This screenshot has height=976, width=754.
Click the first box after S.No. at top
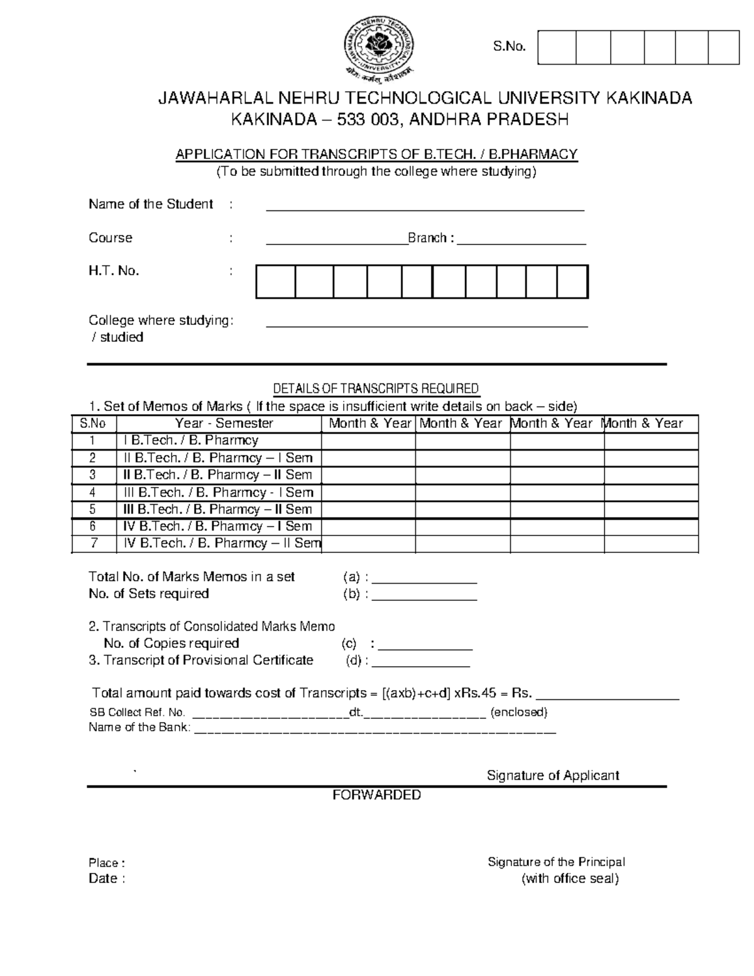click(x=557, y=47)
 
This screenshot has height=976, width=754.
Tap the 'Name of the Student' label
click(x=151, y=204)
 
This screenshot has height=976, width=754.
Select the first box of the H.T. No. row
click(x=275, y=282)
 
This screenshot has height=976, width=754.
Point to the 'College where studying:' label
click(x=161, y=321)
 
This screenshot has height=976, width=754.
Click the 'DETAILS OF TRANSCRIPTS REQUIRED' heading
click(x=376, y=388)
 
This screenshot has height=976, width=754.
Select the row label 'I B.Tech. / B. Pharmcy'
click(x=191, y=441)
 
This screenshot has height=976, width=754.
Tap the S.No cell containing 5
click(x=93, y=510)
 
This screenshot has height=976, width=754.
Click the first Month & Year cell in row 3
click(x=368, y=475)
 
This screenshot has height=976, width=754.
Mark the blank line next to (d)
click(x=422, y=661)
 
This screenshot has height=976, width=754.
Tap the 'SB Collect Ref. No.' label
click(x=137, y=713)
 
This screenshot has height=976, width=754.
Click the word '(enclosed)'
click(x=519, y=713)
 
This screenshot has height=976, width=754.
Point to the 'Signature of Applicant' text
click(x=553, y=776)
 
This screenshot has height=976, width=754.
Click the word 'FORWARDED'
click(x=376, y=796)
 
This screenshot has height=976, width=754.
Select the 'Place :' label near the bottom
click(x=107, y=863)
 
